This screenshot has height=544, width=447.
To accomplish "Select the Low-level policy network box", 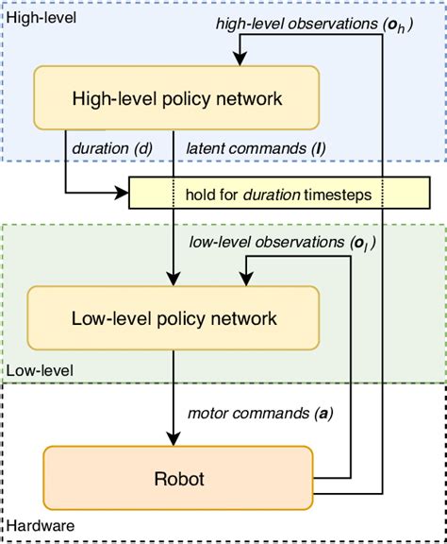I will (x=174, y=319).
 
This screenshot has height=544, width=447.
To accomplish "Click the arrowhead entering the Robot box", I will (x=171, y=439).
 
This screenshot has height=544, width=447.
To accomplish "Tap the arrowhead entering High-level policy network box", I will (x=240, y=59).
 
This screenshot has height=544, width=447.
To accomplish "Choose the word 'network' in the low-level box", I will (x=247, y=319).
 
